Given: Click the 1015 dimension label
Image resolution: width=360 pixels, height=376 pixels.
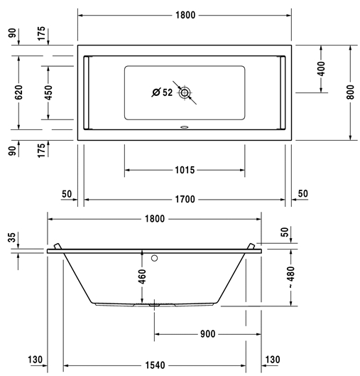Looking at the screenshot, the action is [185, 170].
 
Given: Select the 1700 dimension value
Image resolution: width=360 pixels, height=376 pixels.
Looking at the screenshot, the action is [185, 199].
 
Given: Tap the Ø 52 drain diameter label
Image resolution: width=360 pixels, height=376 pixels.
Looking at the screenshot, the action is [162, 92].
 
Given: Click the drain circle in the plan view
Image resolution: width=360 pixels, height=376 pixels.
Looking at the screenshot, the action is [185, 92].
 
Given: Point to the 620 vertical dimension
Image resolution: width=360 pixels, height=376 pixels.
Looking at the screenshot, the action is [18, 92].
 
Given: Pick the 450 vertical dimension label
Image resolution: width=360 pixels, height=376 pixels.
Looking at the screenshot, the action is [48, 92].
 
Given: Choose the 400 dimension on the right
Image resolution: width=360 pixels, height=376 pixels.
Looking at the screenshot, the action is [321, 68].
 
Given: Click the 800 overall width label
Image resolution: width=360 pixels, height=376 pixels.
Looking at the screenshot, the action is [350, 92].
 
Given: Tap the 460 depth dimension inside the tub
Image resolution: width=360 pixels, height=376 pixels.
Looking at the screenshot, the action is [142, 276].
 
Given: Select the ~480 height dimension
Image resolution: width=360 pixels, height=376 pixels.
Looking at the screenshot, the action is [291, 277].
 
